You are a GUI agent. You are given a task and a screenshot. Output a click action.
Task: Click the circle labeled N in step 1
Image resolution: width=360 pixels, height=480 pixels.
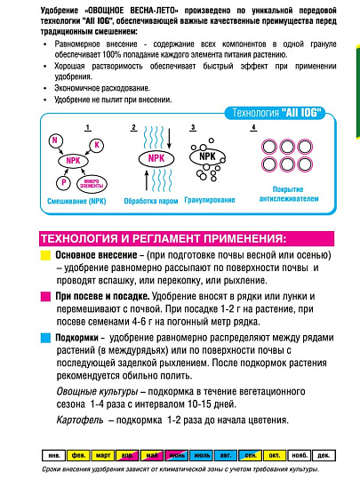[x=54, y=141]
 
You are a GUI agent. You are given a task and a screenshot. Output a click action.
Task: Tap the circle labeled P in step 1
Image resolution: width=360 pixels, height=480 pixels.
[x=64, y=181]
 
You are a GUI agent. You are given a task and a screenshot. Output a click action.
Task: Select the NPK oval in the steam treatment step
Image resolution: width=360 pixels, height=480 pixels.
[x=156, y=158]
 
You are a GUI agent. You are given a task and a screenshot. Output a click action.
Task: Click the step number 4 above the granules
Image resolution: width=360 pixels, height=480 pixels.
[x=253, y=128]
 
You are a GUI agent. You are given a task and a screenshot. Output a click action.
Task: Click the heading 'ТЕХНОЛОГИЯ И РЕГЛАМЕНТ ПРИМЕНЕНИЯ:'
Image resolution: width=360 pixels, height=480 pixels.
[x=164, y=238]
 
